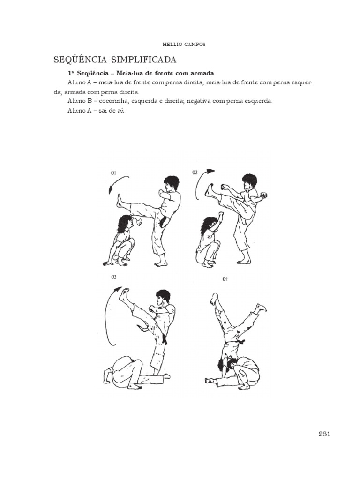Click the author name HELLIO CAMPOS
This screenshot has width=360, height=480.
pos(184,45)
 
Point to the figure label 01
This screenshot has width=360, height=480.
pos(113,173)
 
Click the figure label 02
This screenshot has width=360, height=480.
pos(195,172)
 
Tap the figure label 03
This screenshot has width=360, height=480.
pos(113,277)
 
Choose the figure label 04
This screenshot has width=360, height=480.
pos(225,279)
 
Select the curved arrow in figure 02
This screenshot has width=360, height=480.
pos(199,180)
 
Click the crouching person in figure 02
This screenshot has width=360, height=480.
pos(210,241)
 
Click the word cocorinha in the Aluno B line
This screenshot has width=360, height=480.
pos(112,101)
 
